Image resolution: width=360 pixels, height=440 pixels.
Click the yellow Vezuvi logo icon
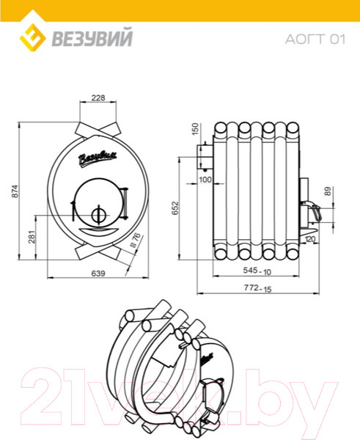coord(32,37)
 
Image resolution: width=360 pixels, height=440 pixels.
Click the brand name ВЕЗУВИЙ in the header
coord(92,38)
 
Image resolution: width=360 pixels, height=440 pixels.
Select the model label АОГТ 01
coord(315,40)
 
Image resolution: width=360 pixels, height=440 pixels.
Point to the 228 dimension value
coord(98,98)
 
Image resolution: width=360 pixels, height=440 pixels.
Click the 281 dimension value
coord(32,237)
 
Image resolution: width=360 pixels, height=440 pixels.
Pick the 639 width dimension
coord(98,273)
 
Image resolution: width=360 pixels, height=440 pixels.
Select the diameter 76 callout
coord(136,240)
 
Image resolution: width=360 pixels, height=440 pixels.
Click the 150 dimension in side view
coord(195,129)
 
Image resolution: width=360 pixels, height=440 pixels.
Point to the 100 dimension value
coord(205,180)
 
